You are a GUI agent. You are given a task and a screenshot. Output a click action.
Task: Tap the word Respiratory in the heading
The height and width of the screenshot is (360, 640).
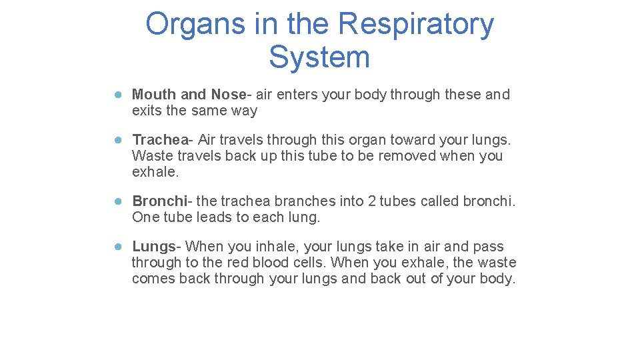(416, 25)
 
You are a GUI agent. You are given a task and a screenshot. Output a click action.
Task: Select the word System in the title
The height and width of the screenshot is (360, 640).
(319, 57)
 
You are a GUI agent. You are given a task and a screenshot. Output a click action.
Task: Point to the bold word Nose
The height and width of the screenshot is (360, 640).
(228, 95)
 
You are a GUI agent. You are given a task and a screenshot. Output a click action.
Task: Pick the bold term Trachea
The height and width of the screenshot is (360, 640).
(161, 140)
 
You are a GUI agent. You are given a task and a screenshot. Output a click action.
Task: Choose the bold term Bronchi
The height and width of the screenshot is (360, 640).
(160, 201)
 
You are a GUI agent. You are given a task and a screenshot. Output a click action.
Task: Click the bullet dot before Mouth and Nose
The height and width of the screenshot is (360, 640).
(117, 95)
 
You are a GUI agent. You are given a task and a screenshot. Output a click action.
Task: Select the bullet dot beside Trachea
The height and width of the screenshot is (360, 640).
(117, 140)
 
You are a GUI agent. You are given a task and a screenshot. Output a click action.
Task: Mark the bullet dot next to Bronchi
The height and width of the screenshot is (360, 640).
(117, 201)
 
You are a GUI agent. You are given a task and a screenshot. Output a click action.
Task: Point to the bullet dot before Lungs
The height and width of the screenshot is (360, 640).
(117, 247)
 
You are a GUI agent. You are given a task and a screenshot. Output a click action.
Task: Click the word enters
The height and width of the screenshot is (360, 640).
(298, 95)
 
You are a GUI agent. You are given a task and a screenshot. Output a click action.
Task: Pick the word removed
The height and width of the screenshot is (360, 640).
(407, 156)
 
